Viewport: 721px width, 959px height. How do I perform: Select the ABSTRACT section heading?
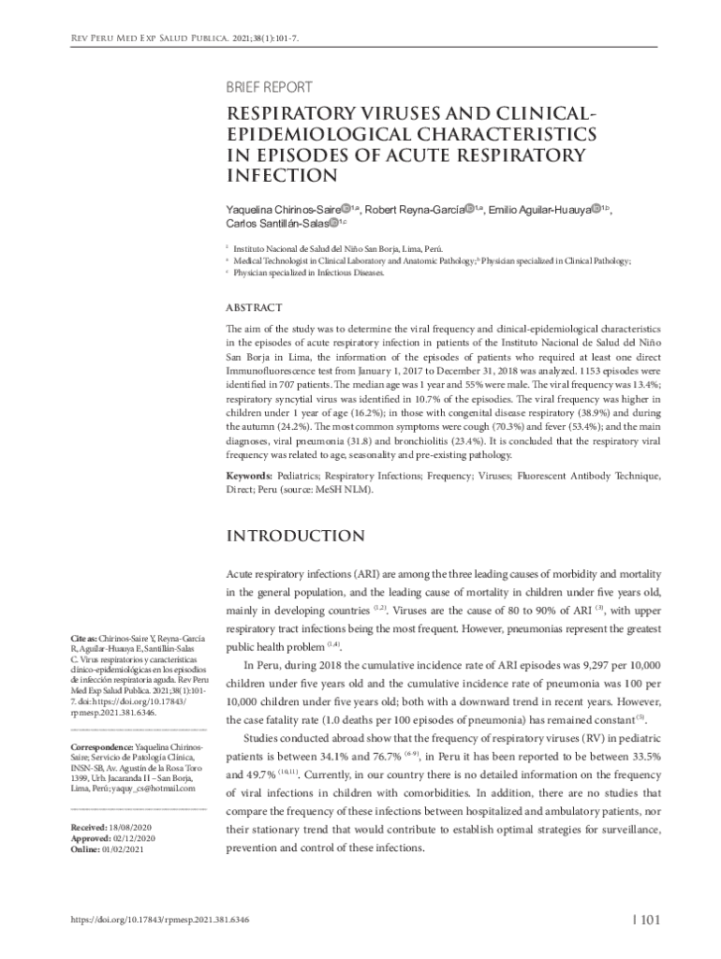pyautogui.click(x=255, y=308)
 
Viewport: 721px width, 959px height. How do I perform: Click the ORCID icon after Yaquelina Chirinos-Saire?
pyautogui.click(x=346, y=208)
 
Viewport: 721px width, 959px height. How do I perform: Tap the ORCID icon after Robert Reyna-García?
pyautogui.click(x=469, y=208)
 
